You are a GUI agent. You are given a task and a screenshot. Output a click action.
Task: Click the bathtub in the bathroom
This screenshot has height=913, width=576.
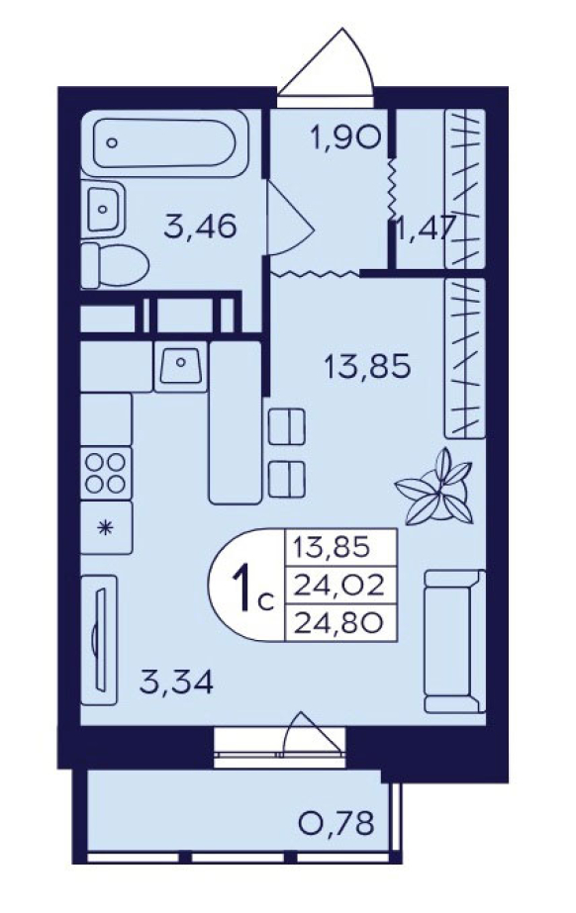164,143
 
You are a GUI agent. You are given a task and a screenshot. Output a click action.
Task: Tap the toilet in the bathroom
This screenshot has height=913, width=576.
115,266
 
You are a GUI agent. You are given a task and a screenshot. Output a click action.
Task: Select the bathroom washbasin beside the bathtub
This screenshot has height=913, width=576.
103,209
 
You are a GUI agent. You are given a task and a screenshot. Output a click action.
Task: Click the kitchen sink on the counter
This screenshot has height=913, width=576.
180,366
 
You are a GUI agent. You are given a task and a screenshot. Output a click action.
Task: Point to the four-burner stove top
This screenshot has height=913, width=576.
106,473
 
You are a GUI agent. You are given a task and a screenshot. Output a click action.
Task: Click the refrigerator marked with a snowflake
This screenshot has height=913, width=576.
106,528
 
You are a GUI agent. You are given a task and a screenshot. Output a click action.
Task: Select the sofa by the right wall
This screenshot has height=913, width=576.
454,641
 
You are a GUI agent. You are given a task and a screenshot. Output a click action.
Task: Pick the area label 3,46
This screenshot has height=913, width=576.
200,226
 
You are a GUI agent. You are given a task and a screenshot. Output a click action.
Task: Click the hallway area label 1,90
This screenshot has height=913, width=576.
346,138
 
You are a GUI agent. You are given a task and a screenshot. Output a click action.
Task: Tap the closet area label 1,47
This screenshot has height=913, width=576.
424,228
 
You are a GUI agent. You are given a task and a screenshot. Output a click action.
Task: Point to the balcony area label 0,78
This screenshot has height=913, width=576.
336,823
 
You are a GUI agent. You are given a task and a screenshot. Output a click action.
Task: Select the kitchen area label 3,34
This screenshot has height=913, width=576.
177,682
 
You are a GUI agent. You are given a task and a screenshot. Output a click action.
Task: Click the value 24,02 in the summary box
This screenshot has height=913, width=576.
338,586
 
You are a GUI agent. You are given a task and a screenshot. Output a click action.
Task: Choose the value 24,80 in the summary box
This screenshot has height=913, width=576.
338,623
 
